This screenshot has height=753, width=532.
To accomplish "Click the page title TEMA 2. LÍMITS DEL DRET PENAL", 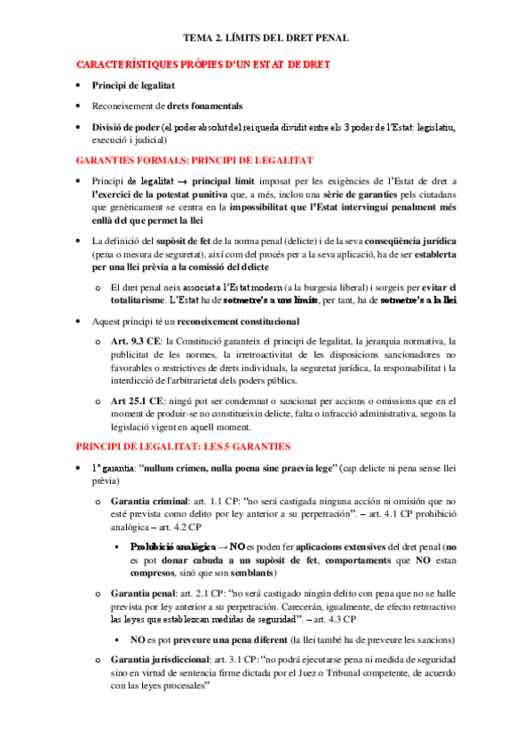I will pos(266,38).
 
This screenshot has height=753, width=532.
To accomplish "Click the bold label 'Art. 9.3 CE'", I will pos(138,341).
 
